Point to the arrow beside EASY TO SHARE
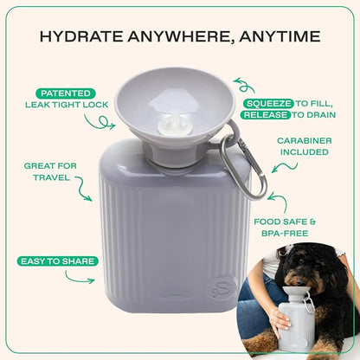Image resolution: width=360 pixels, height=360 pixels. coord(81,279)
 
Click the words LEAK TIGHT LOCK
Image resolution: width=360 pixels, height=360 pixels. coord(63,105)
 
